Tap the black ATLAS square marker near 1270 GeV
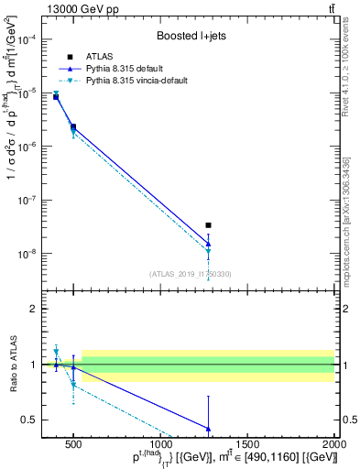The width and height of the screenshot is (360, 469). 209,224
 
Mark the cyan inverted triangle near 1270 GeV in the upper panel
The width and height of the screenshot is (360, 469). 209,251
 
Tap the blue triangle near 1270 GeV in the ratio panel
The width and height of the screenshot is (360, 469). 209,428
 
